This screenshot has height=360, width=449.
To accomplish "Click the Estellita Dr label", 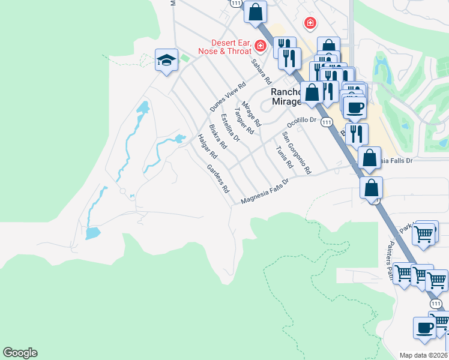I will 230,127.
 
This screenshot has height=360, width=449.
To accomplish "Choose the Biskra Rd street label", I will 217,137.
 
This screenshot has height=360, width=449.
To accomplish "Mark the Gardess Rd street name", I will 218,178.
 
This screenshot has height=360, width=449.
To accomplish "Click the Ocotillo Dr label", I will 301,121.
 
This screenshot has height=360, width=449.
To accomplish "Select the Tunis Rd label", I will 284,157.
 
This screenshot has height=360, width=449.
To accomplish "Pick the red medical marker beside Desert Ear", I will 260,46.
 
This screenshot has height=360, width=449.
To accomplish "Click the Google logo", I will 20,353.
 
